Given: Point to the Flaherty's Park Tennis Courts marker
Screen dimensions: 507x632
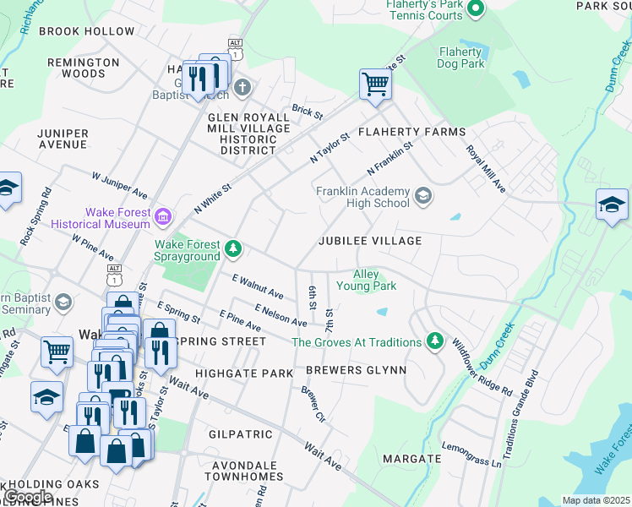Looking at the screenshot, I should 475,9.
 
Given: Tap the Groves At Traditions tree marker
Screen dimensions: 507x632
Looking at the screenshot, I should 434,341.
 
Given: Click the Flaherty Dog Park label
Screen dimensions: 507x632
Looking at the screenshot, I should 461,57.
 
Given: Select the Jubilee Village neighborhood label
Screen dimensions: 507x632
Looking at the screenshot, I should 369,241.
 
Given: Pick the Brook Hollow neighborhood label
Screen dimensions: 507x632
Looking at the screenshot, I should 87,31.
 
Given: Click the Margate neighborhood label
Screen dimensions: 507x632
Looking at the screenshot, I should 411,459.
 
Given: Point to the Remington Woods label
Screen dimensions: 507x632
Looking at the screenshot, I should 84,68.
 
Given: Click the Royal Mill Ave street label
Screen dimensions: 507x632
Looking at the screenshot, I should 485,168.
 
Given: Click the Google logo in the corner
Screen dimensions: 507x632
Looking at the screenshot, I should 29,496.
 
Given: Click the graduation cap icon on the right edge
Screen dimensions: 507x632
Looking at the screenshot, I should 612,205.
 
